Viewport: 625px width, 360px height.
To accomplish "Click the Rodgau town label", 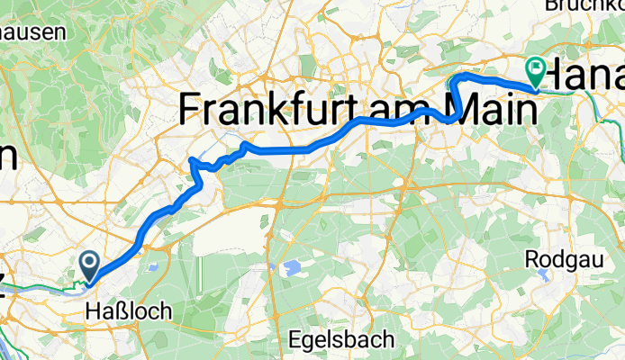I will (557, 259).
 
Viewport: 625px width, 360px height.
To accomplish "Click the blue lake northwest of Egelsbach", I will (293, 267).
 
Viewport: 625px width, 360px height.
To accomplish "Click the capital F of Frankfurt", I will (190, 110).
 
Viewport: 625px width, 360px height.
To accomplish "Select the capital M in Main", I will (465, 110).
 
